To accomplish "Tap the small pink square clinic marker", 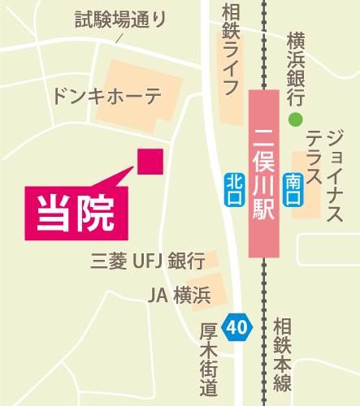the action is click(150, 161).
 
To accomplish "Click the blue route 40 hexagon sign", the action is click(237, 327).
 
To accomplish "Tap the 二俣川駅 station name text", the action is click(263, 175).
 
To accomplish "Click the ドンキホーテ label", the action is click(106, 96).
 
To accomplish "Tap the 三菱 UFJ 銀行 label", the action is click(147, 261).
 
